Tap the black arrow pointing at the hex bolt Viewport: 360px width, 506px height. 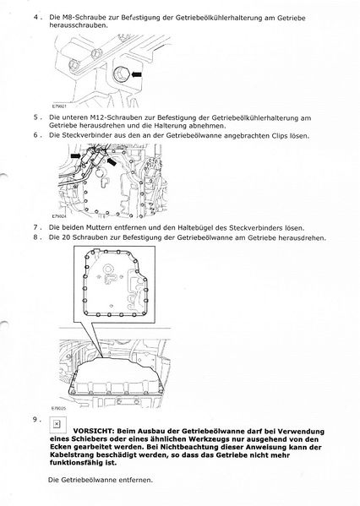coord(137,74)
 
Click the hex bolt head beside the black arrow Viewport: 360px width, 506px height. coord(121,74)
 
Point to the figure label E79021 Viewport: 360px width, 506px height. coord(59,106)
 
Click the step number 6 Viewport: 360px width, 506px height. coord(36,135)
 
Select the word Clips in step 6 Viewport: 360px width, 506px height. coord(279,136)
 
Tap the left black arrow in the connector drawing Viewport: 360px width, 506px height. coord(76,155)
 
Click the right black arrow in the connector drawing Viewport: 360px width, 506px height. coord(112,161)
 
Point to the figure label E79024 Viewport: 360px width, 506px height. coord(59,216)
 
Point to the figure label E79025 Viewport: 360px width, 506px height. coord(58,408)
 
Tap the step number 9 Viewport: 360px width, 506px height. coord(36,420)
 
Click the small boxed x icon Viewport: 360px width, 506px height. coord(57,424)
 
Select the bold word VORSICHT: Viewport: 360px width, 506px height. coord(94,431)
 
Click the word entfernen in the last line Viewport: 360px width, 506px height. coord(135,480)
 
